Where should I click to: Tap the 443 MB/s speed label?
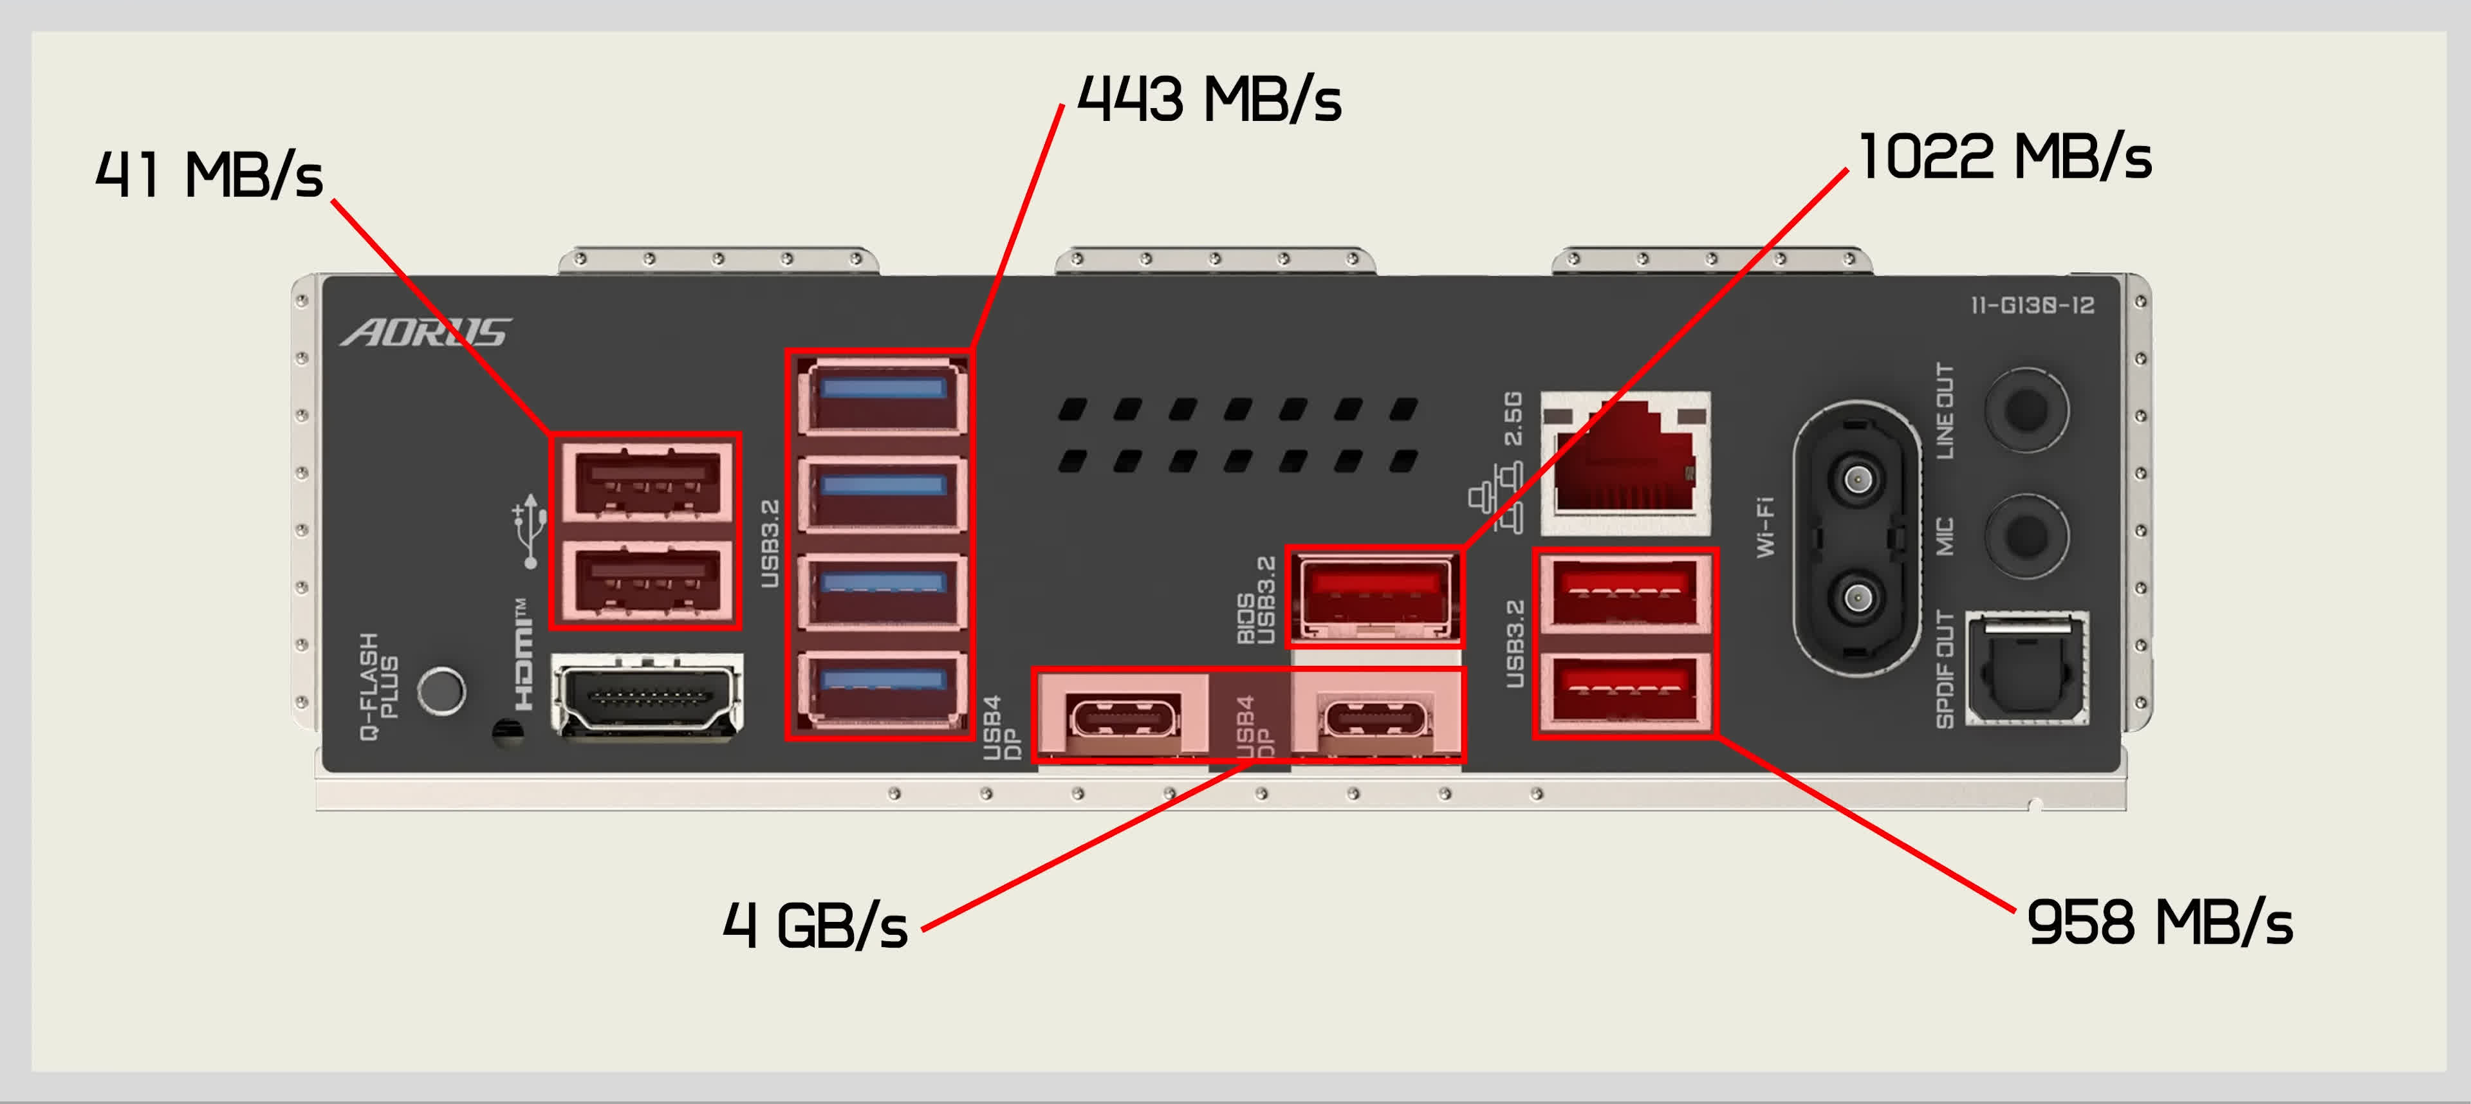[1208, 100]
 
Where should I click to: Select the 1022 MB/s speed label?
[2005, 158]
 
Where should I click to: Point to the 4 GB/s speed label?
[815, 926]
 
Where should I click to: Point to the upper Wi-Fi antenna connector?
[1858, 477]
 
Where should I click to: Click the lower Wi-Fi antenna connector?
[1858, 598]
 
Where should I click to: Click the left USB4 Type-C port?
[1122, 717]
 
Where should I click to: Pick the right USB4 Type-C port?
[1376, 717]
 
